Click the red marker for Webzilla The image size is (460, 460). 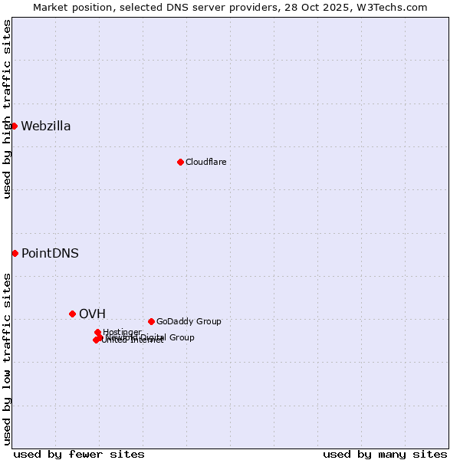coord(14,126)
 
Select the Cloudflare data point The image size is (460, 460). coord(180,162)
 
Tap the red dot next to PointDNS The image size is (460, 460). coord(15,253)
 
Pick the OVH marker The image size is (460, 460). coord(72,314)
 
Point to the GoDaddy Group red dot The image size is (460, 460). coord(151,321)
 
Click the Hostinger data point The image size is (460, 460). coord(97,332)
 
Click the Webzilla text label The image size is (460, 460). coord(46,127)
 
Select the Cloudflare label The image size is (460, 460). coord(206,162)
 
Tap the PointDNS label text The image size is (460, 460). coord(50,254)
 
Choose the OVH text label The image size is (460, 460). coord(92,314)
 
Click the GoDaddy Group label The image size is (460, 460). coord(189,321)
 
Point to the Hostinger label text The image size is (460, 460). coord(123,332)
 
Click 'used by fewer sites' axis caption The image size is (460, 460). coord(79,454)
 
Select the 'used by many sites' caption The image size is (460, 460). coord(385,454)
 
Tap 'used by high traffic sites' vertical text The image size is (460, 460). coord(7,109)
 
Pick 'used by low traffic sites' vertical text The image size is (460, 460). coord(7,359)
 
